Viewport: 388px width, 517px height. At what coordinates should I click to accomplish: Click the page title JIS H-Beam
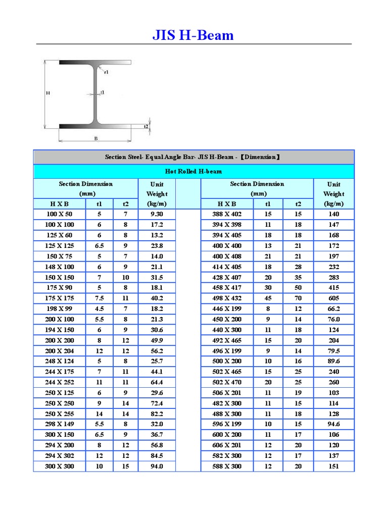[x=193, y=35]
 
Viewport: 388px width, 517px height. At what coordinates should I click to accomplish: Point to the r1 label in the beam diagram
[x=106, y=72]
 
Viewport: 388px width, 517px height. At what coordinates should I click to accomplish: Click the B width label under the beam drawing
[x=95, y=138]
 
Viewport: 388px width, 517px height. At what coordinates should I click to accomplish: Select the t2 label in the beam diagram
[x=146, y=126]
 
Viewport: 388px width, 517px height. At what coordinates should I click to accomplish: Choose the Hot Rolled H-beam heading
[x=193, y=172]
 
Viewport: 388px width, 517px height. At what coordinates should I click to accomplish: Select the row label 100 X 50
[x=60, y=214]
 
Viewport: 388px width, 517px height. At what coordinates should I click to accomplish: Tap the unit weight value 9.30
[x=157, y=214]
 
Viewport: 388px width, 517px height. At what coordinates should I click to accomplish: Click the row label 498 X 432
[x=227, y=298]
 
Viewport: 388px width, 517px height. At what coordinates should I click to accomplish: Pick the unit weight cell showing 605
[x=334, y=298]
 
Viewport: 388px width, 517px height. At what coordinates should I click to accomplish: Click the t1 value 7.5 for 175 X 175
[x=100, y=298]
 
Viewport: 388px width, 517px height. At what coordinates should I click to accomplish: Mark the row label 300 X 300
[x=60, y=467]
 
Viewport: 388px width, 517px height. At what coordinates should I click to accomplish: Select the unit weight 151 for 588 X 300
[x=334, y=467]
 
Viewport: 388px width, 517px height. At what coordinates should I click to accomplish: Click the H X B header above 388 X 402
[x=227, y=204]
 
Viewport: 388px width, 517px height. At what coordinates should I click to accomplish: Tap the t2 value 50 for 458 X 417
[x=298, y=288]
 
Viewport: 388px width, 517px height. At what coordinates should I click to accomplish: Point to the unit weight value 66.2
[x=334, y=309]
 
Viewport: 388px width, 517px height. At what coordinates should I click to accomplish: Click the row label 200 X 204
[x=60, y=351]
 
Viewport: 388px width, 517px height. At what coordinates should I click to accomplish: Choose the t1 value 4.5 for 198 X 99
[x=100, y=309]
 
